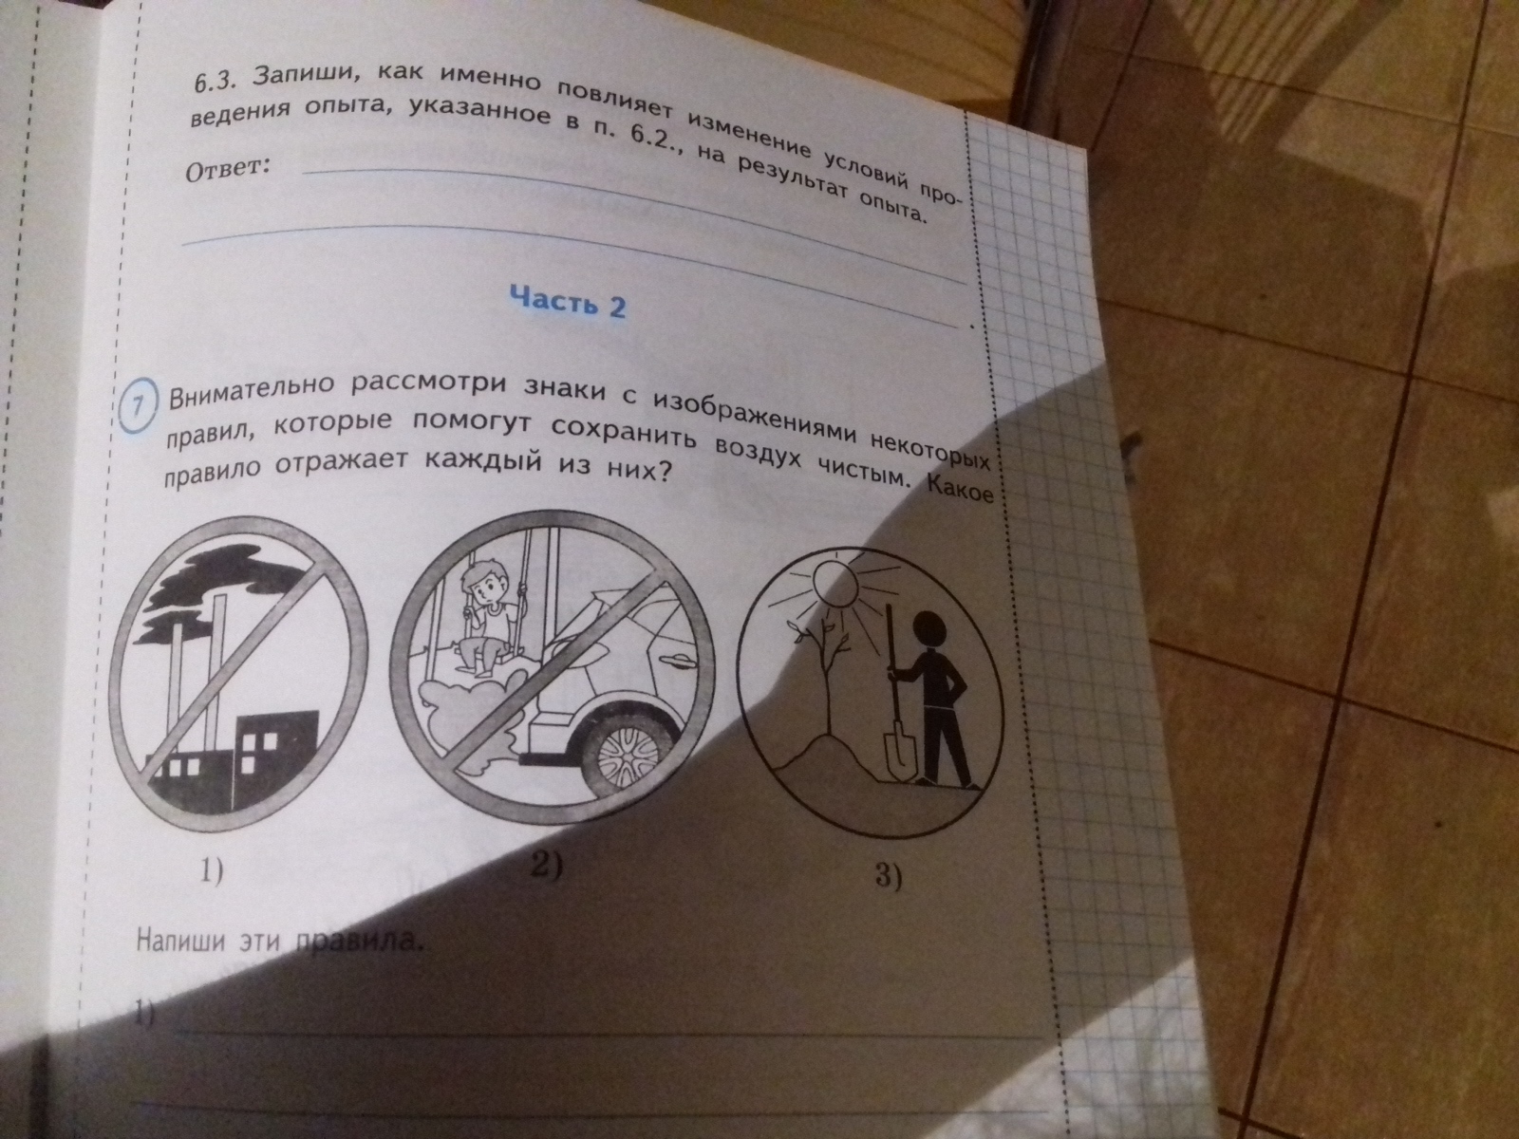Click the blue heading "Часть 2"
click(568, 303)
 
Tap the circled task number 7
click(140, 408)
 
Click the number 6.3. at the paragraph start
click(214, 84)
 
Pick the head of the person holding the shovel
click(928, 631)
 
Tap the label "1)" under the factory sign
click(211, 871)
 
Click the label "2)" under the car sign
click(548, 865)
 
